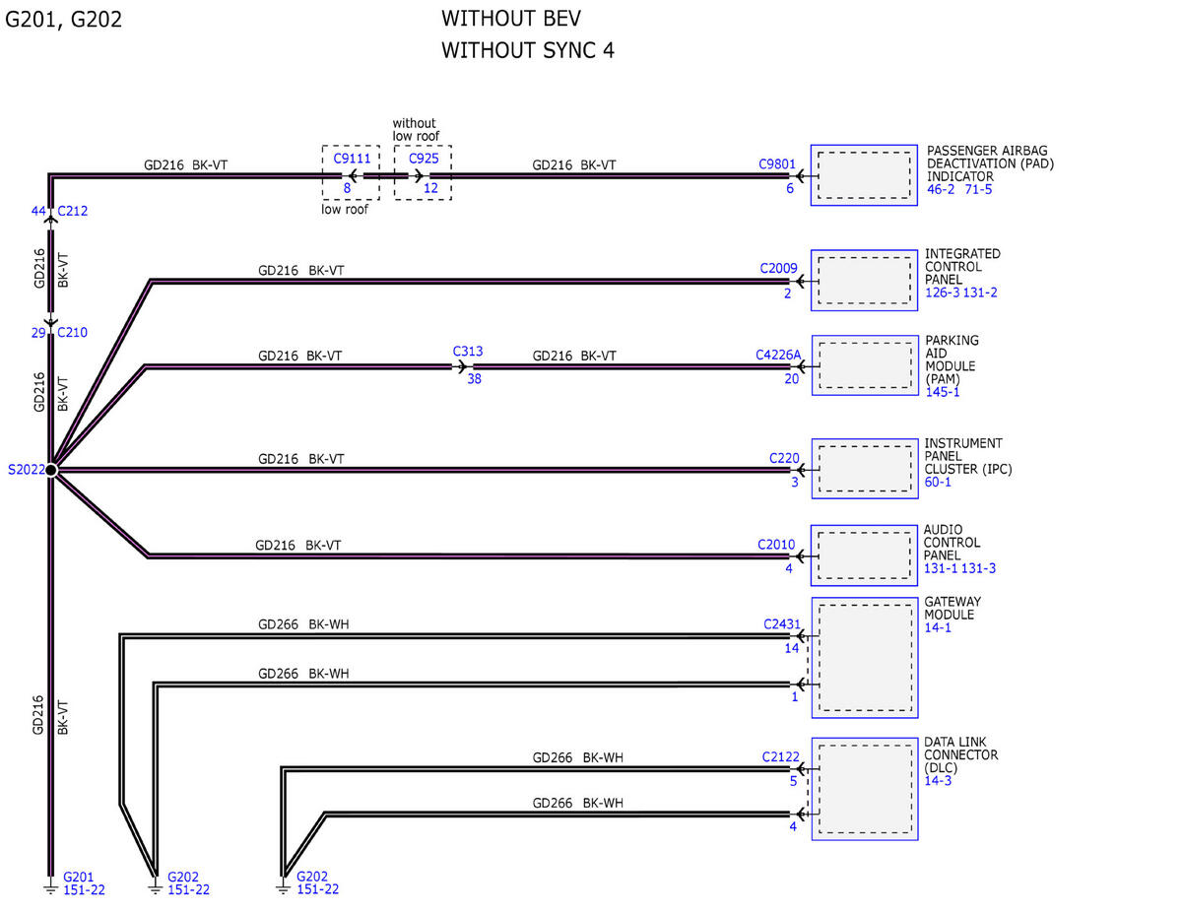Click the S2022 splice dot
tap(51, 470)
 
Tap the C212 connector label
tap(72, 211)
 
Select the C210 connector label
tap(72, 332)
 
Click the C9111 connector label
tap(352, 159)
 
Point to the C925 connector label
tap(424, 159)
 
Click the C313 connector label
tap(468, 352)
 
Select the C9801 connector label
tap(777, 164)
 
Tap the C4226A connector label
tap(778, 356)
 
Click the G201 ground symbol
tap(50, 889)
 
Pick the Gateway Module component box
tap(864, 658)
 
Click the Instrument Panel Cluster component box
tap(864, 469)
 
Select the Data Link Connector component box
tap(864, 789)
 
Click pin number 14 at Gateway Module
tap(791, 648)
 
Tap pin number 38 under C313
tap(475, 379)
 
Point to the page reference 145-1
tap(943, 392)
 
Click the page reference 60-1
tap(938, 482)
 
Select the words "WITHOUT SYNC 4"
tap(528, 50)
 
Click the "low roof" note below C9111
tap(345, 210)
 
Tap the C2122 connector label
tap(780, 757)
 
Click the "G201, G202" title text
tap(64, 20)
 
